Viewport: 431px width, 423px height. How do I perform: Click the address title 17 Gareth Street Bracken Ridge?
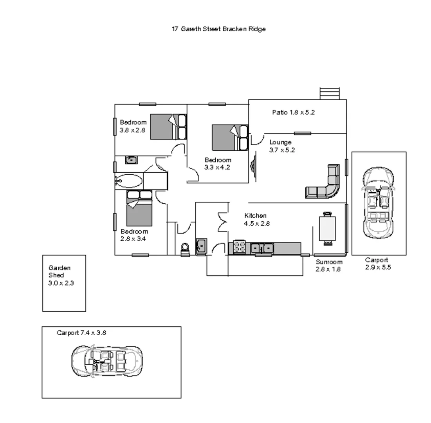[218, 29]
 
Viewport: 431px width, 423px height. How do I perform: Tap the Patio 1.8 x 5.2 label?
[293, 112]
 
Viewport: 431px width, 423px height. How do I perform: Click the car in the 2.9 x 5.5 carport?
[378, 202]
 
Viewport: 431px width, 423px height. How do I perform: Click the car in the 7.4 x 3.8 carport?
[107, 361]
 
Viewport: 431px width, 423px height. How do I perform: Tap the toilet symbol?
[185, 249]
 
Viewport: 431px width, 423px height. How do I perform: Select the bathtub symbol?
[129, 181]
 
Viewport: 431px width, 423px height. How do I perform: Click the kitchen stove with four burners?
[239, 247]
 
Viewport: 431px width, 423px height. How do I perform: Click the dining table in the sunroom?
[327, 228]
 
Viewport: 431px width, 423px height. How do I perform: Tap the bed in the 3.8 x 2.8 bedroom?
[168, 127]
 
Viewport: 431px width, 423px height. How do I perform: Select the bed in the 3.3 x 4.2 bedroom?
[229, 137]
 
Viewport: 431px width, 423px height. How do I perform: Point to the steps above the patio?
[329, 93]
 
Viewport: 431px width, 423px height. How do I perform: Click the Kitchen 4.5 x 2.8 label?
[256, 220]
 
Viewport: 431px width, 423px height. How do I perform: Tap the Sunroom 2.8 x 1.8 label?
[329, 266]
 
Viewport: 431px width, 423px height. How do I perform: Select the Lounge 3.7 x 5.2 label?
[281, 146]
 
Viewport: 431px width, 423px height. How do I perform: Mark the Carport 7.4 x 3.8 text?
[81, 333]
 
